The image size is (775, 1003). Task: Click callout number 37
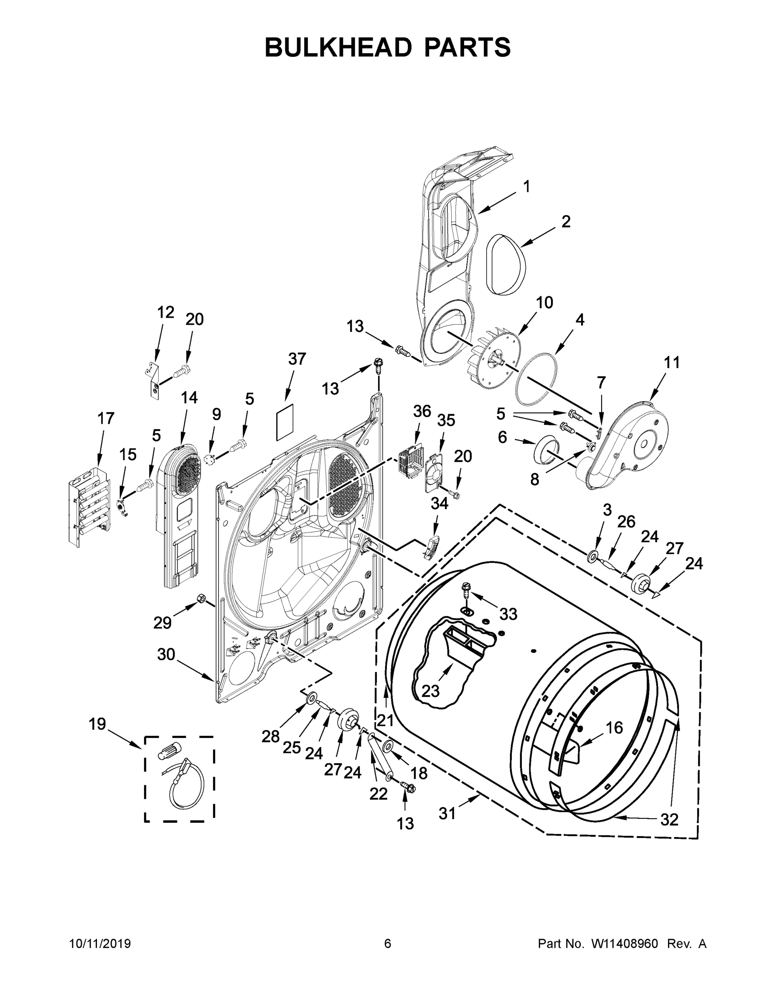(x=297, y=359)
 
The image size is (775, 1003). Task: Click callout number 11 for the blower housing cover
(x=672, y=362)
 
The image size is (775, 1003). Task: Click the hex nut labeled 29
(x=201, y=598)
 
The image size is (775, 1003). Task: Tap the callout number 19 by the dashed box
(x=97, y=724)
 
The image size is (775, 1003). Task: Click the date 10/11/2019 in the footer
(x=100, y=944)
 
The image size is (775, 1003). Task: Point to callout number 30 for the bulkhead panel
(x=166, y=654)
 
